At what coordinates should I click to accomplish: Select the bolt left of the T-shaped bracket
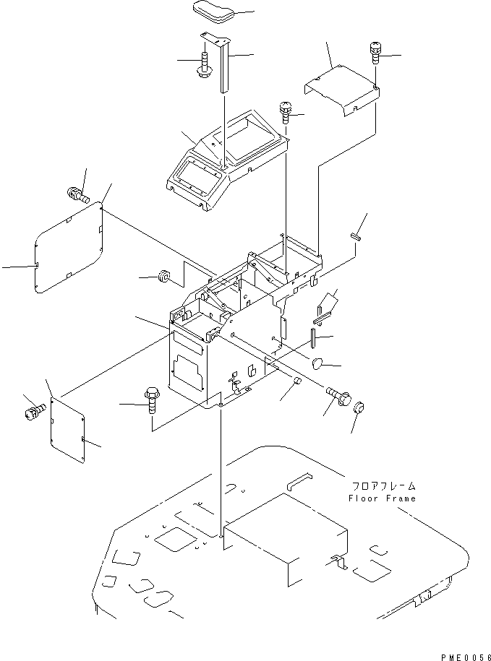(x=203, y=65)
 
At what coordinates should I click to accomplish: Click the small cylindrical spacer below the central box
(x=295, y=381)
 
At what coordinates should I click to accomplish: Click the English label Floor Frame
(x=382, y=498)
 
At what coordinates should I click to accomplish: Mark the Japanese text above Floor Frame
(x=382, y=486)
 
